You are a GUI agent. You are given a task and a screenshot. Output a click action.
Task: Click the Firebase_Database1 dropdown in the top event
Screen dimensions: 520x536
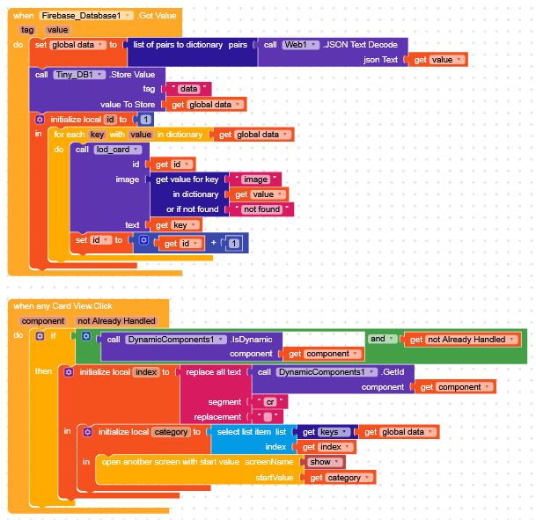pyautogui.click(x=86, y=16)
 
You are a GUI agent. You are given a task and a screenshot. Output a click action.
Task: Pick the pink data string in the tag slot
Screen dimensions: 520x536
pyautogui.click(x=188, y=89)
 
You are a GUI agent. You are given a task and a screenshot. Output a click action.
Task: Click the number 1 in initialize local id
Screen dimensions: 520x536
pyautogui.click(x=145, y=119)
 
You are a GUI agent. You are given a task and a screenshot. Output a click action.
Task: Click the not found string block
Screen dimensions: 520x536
pyautogui.click(x=261, y=209)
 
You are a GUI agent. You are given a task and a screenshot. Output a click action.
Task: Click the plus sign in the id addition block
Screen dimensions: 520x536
pyautogui.click(x=211, y=244)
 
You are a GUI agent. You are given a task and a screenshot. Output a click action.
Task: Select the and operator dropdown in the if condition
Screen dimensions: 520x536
pyautogui.click(x=379, y=339)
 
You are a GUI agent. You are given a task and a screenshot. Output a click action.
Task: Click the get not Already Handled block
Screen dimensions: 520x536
pyautogui.click(x=459, y=339)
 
